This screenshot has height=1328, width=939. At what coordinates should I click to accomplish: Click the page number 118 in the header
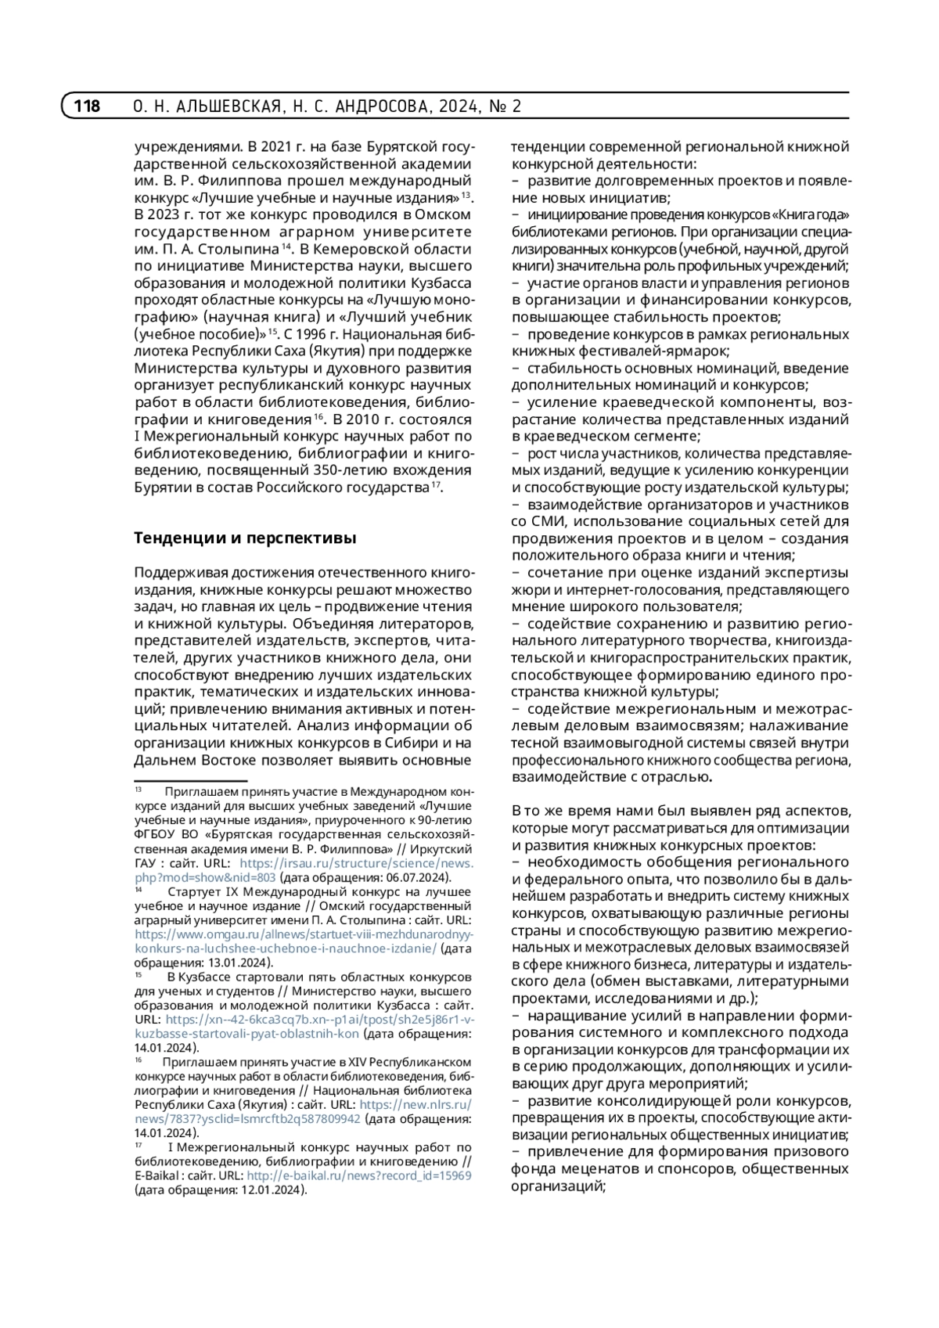(87, 106)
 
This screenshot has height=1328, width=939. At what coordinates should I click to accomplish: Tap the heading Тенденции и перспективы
(245, 538)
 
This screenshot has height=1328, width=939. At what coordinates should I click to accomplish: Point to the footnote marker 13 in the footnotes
(139, 791)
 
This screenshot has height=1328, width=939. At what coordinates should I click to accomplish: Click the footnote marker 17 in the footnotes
(139, 1144)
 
